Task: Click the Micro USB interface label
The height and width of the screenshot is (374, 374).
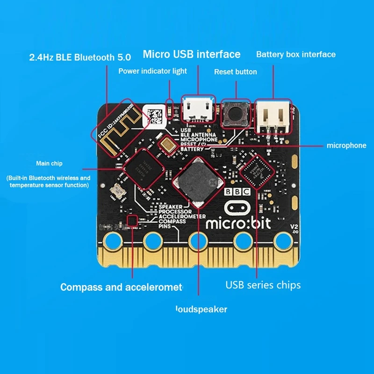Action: coord(192,54)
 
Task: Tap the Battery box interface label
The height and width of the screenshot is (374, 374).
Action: coord(296,55)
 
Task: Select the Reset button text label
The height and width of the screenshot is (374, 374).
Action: coord(236,72)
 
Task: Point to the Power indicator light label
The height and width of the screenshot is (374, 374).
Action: coord(152,71)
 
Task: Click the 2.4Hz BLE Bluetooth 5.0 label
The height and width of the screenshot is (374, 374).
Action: coord(80,58)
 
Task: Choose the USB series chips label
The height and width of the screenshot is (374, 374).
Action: coord(263,285)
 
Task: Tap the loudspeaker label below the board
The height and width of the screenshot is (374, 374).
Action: coord(201,309)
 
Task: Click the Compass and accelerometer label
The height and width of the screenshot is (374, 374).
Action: coord(122,287)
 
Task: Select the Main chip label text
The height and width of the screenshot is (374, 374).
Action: coord(49,164)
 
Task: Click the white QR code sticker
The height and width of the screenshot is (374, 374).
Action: coord(154,114)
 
